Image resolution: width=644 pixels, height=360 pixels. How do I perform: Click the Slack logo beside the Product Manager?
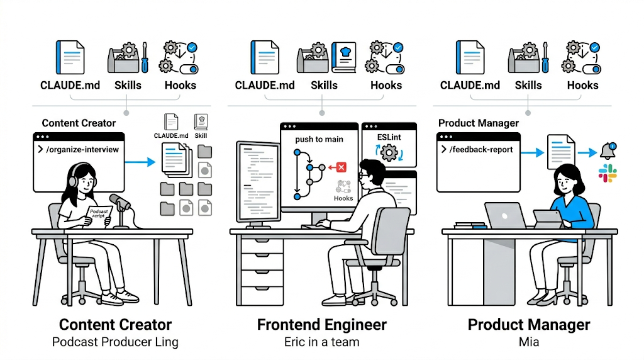click(608, 173)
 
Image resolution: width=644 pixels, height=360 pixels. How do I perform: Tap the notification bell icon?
click(608, 151)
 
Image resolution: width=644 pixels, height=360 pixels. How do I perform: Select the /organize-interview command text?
click(82, 150)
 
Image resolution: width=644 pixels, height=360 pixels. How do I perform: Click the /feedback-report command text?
click(481, 150)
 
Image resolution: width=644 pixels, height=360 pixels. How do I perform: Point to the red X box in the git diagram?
click(341, 167)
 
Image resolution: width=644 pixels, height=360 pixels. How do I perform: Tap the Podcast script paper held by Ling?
click(99, 215)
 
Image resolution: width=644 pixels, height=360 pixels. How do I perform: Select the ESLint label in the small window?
click(389, 137)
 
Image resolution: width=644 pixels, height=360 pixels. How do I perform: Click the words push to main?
click(319, 139)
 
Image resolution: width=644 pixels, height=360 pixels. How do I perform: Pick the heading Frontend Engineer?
click(322, 325)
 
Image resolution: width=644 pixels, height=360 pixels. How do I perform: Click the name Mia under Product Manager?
click(529, 342)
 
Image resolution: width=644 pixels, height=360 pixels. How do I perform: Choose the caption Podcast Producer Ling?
click(116, 342)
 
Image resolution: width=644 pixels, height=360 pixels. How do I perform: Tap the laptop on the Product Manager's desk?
click(505, 215)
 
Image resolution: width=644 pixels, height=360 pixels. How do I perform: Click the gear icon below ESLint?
click(389, 153)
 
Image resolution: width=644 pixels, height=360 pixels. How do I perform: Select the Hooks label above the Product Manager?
click(582, 85)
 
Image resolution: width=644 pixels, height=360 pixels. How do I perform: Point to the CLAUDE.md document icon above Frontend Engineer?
click(265, 57)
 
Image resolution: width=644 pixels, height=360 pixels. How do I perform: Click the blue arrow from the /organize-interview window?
click(140, 162)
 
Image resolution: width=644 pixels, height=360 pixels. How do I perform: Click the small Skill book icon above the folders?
click(201, 122)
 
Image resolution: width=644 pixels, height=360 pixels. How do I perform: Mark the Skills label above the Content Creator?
click(128, 85)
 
